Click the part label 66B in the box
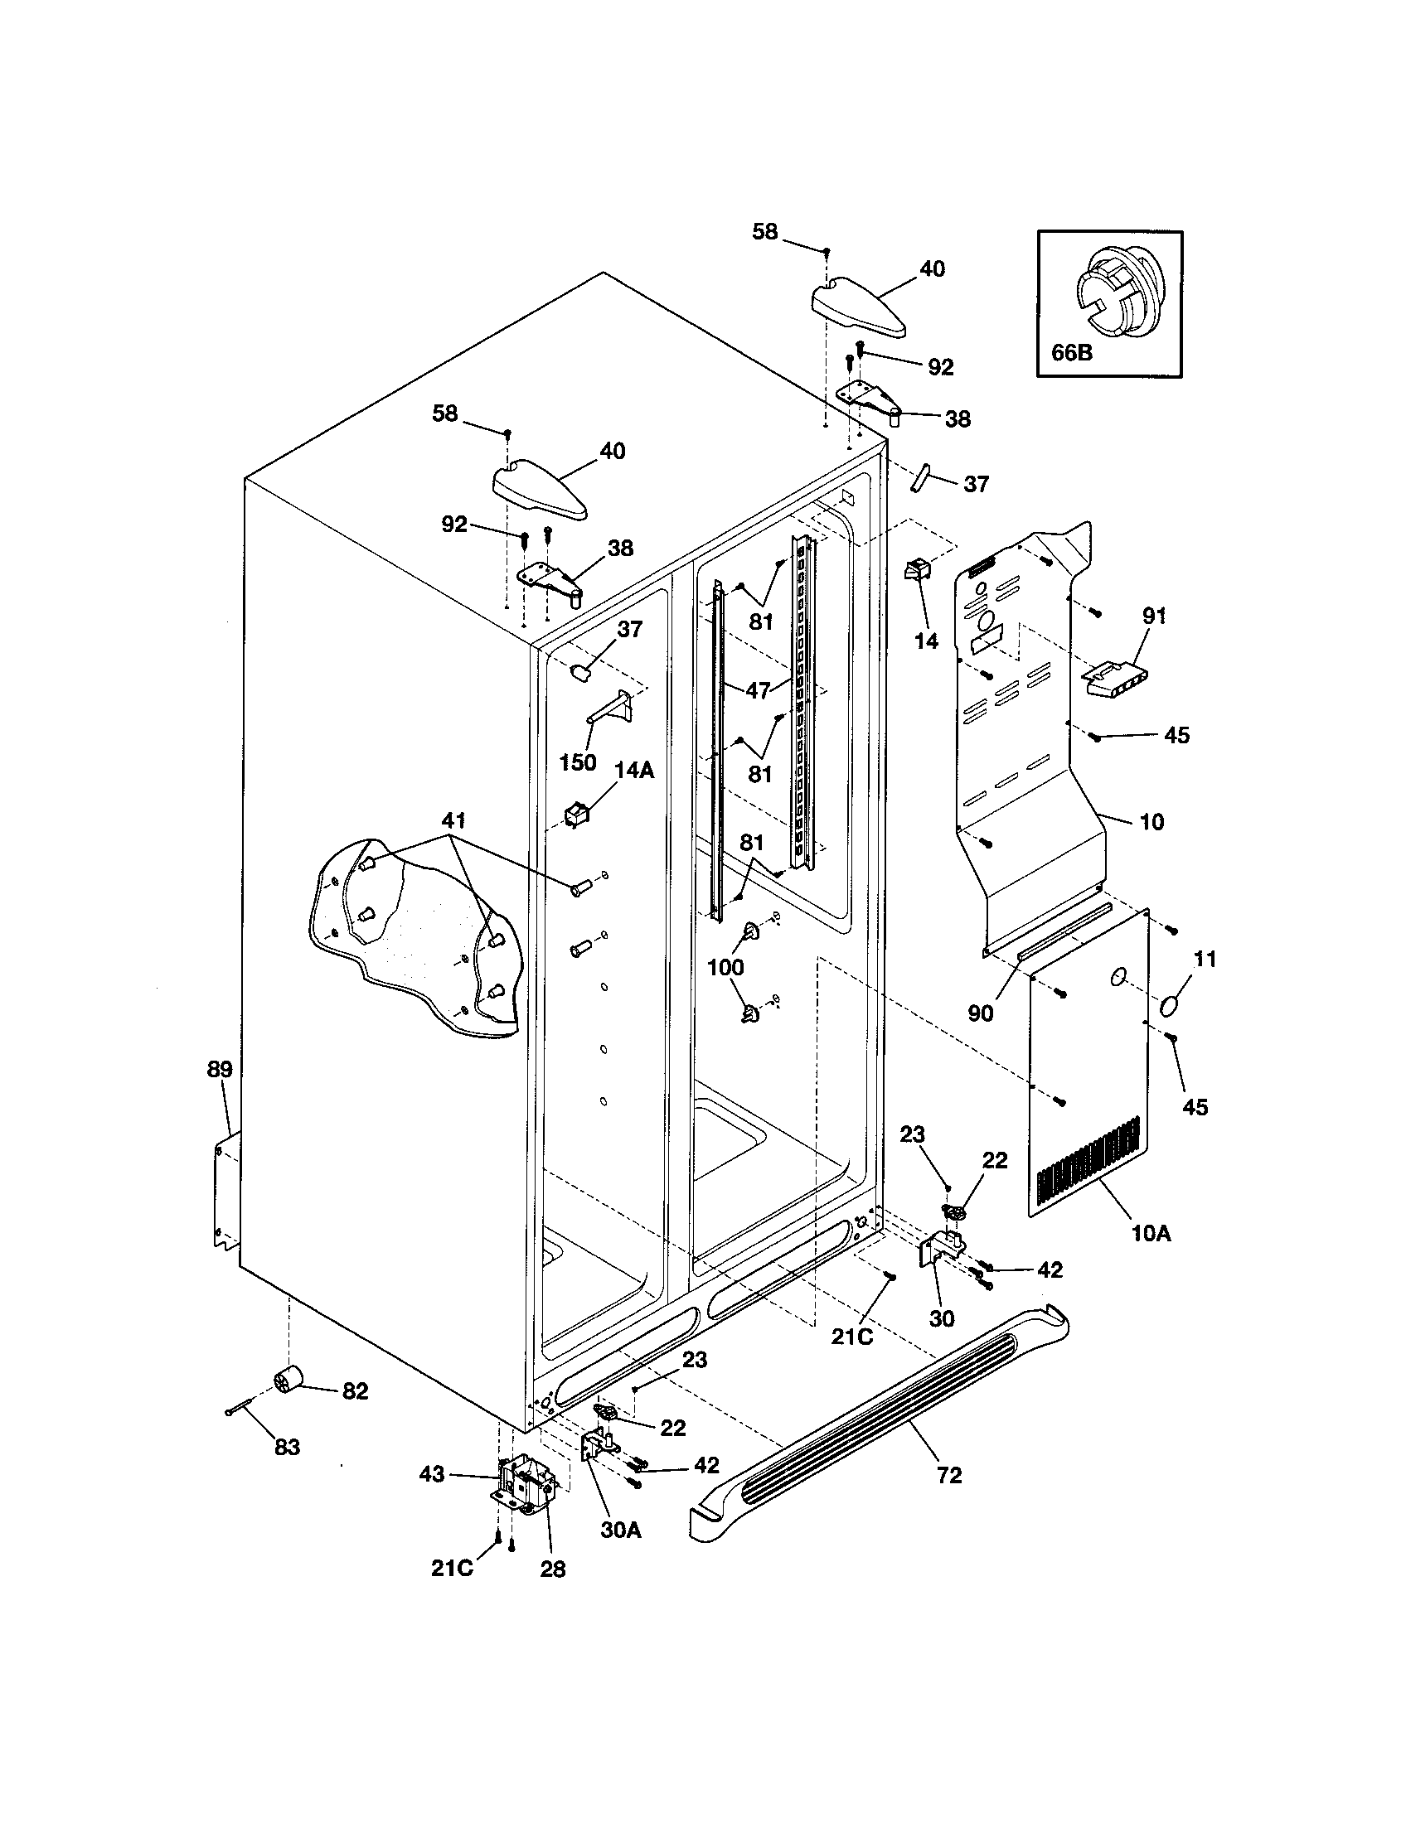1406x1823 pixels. (x=1071, y=352)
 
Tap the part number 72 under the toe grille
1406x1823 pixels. (x=949, y=1475)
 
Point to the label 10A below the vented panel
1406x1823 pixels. (x=1151, y=1255)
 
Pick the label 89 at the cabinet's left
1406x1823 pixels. (x=220, y=1069)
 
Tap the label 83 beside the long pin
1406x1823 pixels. (x=286, y=1448)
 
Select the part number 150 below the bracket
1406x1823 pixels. (x=578, y=762)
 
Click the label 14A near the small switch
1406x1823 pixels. (x=634, y=770)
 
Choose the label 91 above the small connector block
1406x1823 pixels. (x=1153, y=616)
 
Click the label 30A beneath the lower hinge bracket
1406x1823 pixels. (x=621, y=1530)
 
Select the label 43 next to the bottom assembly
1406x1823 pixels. (x=432, y=1475)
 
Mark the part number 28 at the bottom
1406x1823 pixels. (x=553, y=1569)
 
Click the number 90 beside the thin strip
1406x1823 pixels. (x=980, y=1013)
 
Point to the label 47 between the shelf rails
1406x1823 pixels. (x=758, y=690)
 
